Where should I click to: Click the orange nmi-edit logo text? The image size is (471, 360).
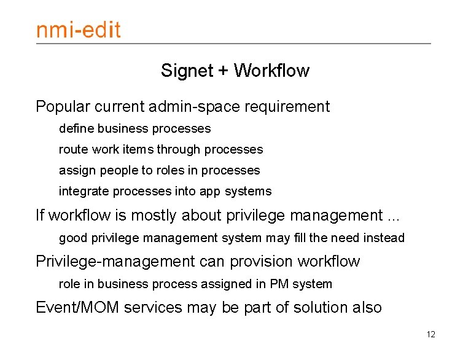click(78, 29)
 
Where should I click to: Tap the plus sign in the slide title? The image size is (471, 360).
click(223, 71)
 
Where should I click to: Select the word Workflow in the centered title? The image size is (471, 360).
click(271, 71)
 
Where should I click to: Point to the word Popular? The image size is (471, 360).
click(63, 107)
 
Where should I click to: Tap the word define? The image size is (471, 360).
click(76, 128)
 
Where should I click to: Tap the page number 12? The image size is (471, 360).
click(430, 335)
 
